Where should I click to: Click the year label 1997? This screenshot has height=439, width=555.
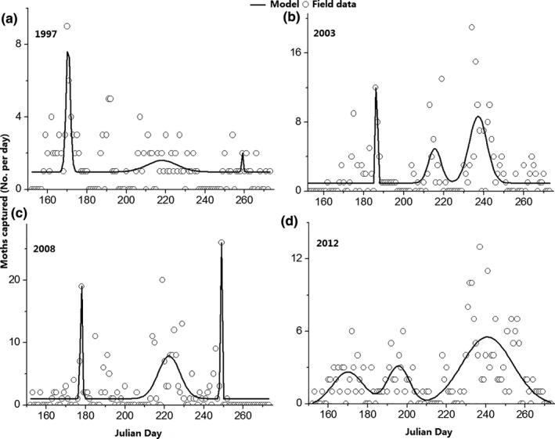(47, 34)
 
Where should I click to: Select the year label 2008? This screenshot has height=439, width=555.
(47, 251)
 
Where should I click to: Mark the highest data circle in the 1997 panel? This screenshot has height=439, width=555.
(67, 26)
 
